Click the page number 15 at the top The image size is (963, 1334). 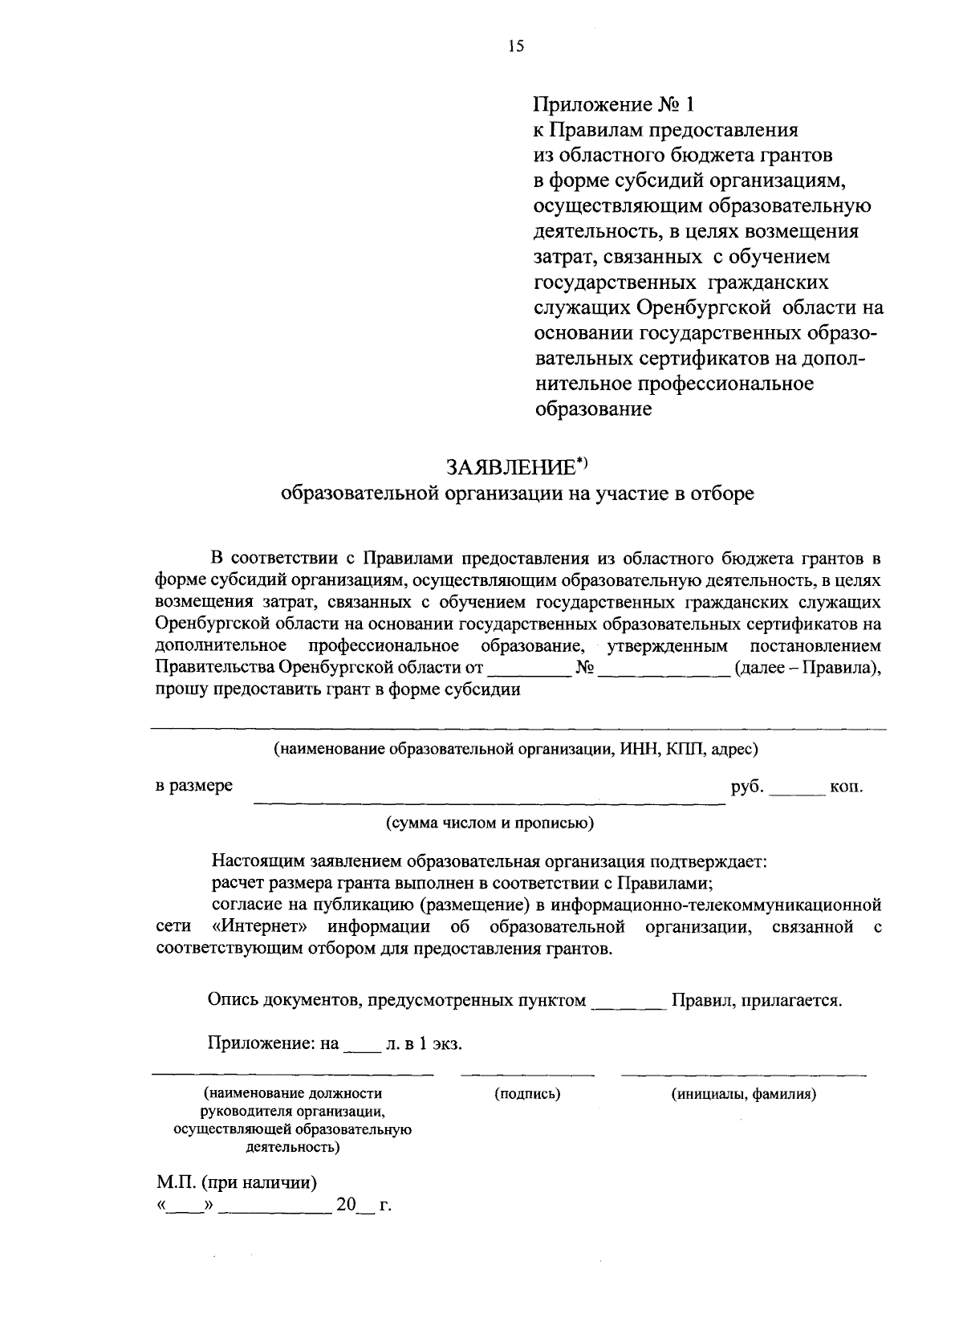(515, 47)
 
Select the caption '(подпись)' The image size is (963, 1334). (527, 1093)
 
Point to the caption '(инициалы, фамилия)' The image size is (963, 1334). (744, 1093)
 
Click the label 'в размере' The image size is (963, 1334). (194, 786)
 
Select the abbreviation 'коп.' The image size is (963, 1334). (847, 786)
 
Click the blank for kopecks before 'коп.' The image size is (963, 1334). (798, 791)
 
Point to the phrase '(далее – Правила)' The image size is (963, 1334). (808, 668)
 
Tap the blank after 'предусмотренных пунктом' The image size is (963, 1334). (628, 1007)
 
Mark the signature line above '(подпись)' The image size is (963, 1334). (527, 1074)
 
